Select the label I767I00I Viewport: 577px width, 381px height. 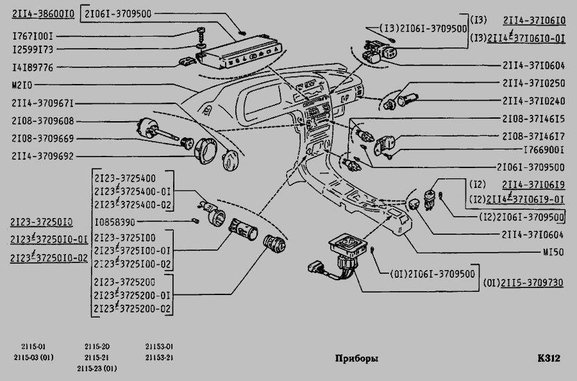click(x=33, y=37)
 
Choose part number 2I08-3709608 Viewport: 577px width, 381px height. click(x=42, y=120)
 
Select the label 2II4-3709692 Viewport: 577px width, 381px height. click(x=42, y=155)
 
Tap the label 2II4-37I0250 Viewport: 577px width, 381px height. click(x=533, y=83)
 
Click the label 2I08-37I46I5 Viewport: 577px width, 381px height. click(x=533, y=119)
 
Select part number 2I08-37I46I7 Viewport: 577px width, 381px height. click(x=533, y=137)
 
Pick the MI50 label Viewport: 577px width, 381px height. click(x=553, y=252)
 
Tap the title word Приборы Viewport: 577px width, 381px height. click(x=356, y=359)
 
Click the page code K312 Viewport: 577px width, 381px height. click(x=549, y=359)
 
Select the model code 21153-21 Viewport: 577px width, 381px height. click(x=159, y=357)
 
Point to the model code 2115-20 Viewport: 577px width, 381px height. click(x=97, y=346)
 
